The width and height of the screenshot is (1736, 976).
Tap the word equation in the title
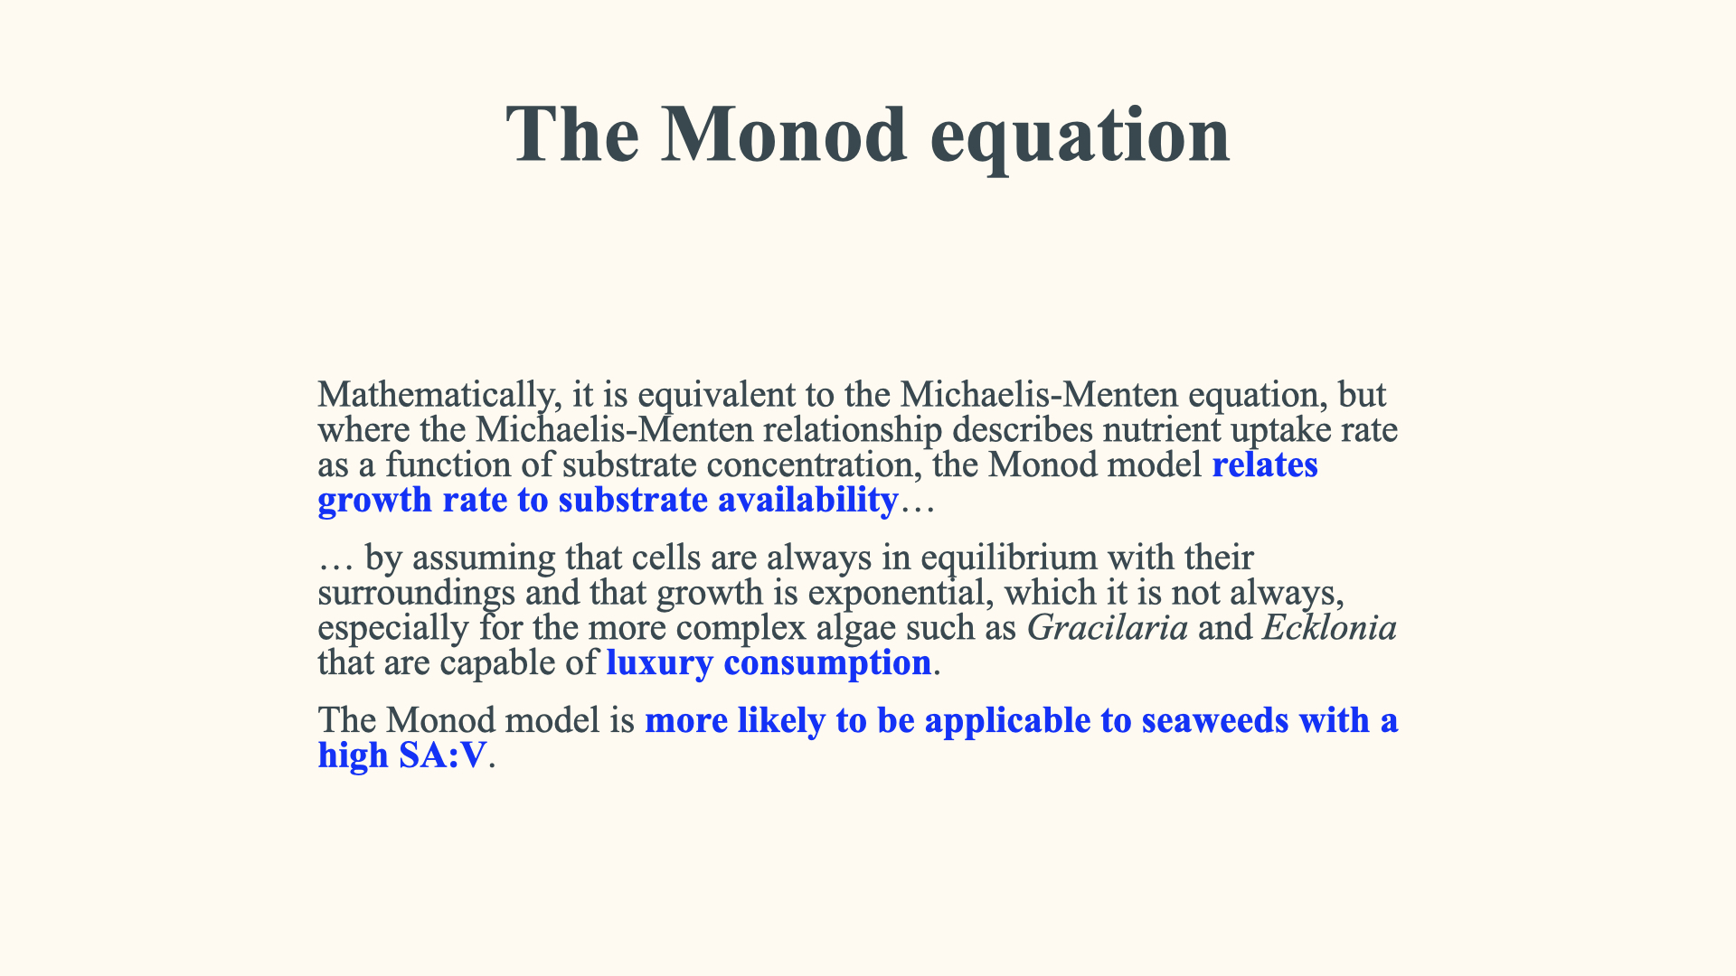coord(1080,137)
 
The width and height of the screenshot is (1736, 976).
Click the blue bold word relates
coord(1265,465)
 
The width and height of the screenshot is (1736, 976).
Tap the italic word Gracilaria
coord(1108,627)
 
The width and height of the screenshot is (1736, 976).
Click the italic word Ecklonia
coord(1330,627)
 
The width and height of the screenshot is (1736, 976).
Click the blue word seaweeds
coord(1215,720)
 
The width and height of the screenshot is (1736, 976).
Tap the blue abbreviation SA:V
coord(443,755)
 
